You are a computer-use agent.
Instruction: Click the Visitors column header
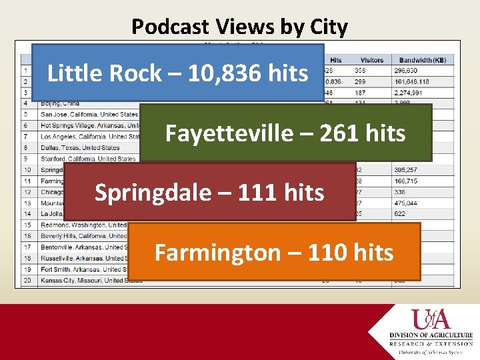(372, 60)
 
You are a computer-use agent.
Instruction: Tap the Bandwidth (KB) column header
(421, 60)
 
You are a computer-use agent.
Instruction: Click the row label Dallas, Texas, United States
(80, 147)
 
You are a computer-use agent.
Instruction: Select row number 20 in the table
(27, 280)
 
